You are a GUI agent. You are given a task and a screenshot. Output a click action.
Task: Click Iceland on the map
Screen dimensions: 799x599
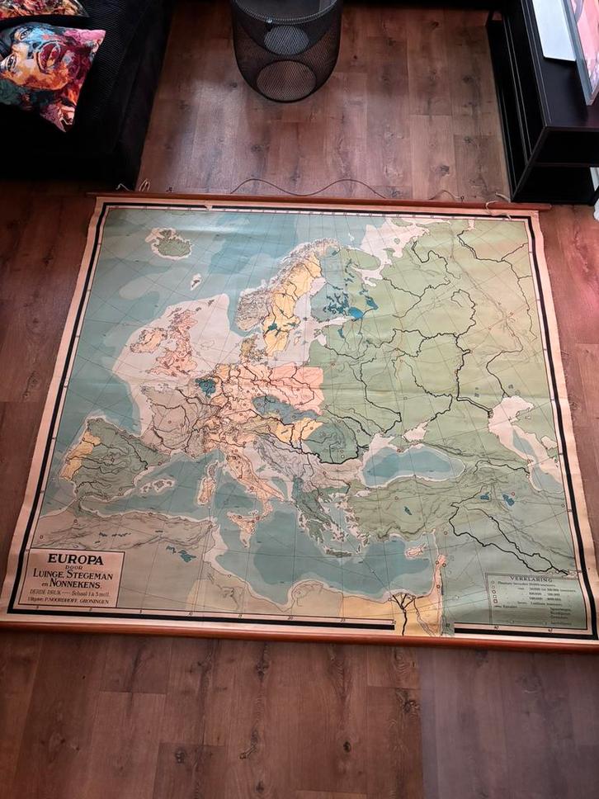pos(172,243)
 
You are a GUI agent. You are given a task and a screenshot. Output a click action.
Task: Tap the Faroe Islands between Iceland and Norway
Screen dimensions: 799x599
pos(196,281)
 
